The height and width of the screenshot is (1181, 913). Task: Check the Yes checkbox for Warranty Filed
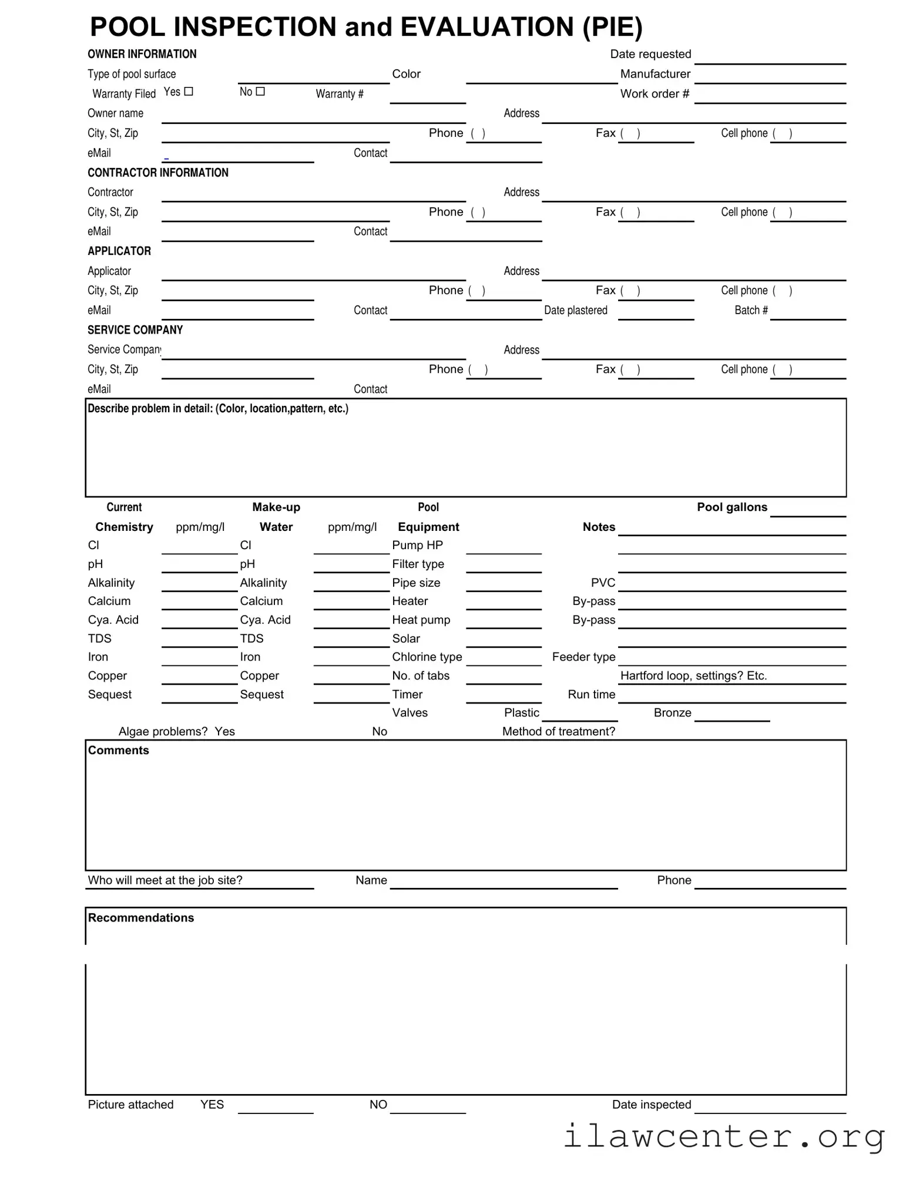point(189,92)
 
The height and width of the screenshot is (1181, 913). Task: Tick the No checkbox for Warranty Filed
point(260,92)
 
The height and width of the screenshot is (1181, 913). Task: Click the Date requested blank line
point(770,58)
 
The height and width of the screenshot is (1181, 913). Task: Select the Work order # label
point(654,94)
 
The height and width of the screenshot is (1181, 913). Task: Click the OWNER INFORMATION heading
point(142,54)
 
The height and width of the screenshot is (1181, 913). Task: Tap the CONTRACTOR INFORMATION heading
point(158,173)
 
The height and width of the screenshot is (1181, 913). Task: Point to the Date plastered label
point(576,310)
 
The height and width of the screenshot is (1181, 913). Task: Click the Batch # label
point(751,310)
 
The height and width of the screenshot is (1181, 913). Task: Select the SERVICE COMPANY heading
point(135,330)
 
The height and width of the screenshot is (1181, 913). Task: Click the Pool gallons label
point(732,507)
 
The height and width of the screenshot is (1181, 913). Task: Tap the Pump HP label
point(417,545)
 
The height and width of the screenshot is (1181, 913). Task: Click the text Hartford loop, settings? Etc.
point(693,675)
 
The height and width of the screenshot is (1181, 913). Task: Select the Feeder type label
point(583,657)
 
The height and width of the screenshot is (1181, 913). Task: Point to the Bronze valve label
point(672,712)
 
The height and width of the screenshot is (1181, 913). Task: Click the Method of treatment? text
point(558,731)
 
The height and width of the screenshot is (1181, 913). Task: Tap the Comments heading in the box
point(119,751)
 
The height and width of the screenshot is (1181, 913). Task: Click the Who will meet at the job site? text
point(165,880)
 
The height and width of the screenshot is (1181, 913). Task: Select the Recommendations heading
point(141,918)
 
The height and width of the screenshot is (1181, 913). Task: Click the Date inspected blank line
point(770,1106)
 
